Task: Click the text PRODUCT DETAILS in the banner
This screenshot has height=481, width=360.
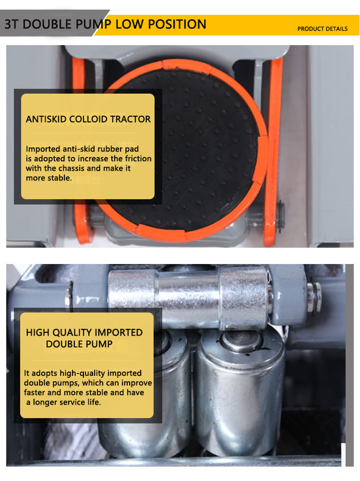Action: [322, 29]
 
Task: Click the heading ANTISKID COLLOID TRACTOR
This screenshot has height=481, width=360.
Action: [88, 119]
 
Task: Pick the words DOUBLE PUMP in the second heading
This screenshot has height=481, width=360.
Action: [79, 344]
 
